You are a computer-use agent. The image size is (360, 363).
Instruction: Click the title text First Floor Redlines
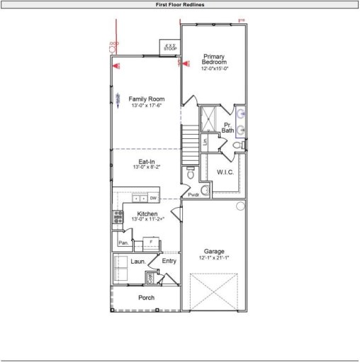pos(180,4)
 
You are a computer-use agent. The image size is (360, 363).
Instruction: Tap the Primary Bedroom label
pos(214,59)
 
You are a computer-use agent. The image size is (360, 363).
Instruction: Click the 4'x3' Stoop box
pos(170,47)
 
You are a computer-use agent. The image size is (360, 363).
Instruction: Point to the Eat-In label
pos(147,162)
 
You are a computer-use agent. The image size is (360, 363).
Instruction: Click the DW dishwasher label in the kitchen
pos(153,198)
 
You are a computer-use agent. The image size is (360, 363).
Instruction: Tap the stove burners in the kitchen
pos(117,218)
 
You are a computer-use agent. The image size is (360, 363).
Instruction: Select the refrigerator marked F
pos(150,242)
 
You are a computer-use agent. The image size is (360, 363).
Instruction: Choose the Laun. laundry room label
pos(137,262)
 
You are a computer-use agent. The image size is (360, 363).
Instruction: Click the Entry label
pos(169,261)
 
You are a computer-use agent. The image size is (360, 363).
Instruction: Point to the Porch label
pos(146,298)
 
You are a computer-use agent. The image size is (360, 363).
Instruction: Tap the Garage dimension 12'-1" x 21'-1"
pos(214,258)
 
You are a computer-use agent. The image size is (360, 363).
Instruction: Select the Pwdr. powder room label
pos(193,194)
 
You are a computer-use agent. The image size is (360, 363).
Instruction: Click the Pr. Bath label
pos(227,128)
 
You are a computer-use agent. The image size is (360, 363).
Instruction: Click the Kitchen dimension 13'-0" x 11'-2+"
pos(147,220)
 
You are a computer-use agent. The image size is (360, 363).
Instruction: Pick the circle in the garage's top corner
pos(241,206)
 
